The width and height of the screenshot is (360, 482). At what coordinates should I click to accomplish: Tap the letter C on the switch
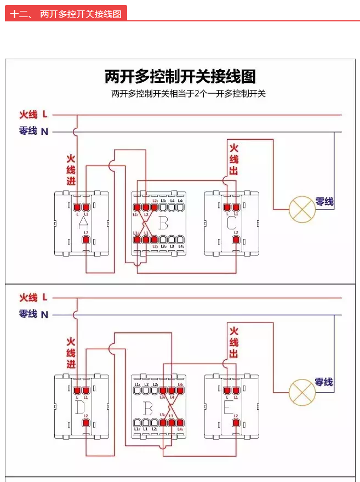coord(231,223)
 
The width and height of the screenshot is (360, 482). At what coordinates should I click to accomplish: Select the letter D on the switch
coord(80,407)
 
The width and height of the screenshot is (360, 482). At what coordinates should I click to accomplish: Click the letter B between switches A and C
coord(163,223)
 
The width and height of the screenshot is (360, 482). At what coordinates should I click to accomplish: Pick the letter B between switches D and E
coord(147,407)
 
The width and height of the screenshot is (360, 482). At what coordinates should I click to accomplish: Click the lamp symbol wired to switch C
coord(302,209)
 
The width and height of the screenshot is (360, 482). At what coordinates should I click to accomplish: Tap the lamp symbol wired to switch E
coord(302,391)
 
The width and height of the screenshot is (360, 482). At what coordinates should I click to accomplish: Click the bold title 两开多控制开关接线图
coord(180,76)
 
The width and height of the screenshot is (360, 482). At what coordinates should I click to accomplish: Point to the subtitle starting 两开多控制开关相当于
coord(188,94)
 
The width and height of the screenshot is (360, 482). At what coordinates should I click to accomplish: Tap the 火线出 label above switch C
coord(234,159)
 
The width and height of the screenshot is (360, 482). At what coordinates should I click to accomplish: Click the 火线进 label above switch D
coord(71,353)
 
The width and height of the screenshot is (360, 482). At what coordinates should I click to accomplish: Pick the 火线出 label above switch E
coord(234,342)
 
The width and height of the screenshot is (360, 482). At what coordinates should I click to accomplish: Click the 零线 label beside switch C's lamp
coord(324,202)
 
